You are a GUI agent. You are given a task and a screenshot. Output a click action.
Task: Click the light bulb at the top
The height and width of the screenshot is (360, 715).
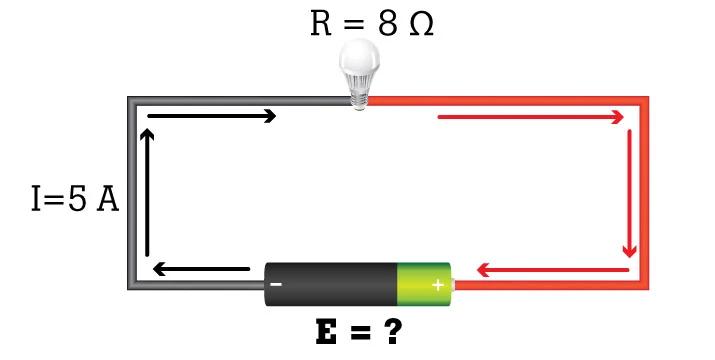pyautogui.click(x=359, y=68)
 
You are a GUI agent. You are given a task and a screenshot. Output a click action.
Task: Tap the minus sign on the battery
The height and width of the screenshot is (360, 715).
pyautogui.click(x=276, y=285)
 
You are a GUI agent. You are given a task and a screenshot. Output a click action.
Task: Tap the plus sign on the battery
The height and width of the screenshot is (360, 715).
pyautogui.click(x=437, y=285)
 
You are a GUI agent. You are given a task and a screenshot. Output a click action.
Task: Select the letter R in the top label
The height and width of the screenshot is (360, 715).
pyautogui.click(x=321, y=25)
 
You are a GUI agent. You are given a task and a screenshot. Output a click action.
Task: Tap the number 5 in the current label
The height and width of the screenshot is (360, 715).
pyautogui.click(x=79, y=199)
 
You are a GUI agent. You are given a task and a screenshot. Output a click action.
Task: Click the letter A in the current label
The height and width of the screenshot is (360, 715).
pyautogui.click(x=107, y=199)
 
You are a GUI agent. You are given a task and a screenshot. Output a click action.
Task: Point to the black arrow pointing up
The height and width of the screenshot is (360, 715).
pyautogui.click(x=148, y=190)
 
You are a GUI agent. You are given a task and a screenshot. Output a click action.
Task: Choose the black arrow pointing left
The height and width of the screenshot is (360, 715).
pyautogui.click(x=200, y=269)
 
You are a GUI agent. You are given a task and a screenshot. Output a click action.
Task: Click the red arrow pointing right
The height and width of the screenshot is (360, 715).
pyautogui.click(x=531, y=117)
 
